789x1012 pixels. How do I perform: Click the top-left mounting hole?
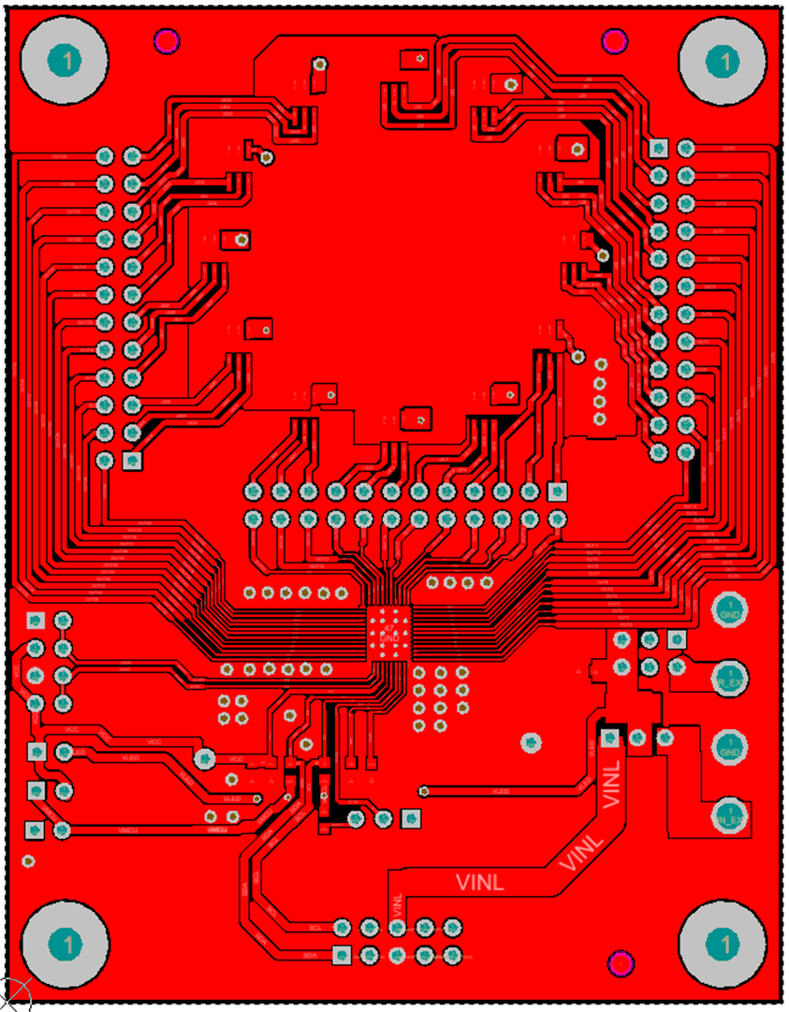click(x=66, y=61)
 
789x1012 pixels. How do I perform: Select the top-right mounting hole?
click(x=723, y=61)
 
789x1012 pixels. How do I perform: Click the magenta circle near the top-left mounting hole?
click(x=167, y=40)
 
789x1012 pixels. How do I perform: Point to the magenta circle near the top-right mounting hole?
click(x=614, y=40)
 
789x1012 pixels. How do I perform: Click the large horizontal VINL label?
click(x=480, y=881)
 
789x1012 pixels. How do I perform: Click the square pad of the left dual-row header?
click(x=132, y=460)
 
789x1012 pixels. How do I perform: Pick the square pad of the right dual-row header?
click(x=659, y=148)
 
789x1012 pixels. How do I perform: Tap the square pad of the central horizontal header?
click(x=558, y=491)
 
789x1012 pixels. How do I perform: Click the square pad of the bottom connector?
click(x=342, y=955)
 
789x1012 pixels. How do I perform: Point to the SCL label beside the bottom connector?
click(x=315, y=927)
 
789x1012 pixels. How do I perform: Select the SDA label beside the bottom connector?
click(x=311, y=955)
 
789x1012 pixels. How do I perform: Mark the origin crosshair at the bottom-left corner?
click(x=13, y=995)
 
